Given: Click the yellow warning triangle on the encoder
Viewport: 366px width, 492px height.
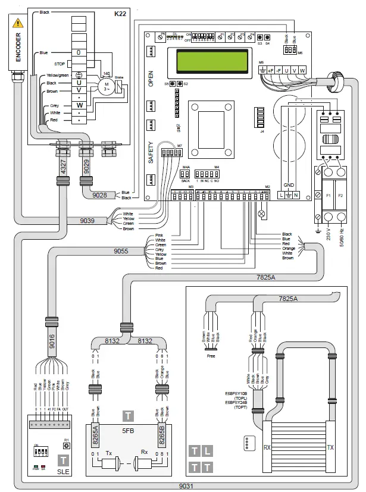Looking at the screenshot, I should (18, 24).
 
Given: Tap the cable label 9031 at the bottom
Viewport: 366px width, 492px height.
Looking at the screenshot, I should (187, 485).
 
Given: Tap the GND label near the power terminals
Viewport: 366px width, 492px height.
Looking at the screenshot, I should (290, 184).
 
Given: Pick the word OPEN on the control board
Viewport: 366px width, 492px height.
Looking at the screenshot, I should (151, 79).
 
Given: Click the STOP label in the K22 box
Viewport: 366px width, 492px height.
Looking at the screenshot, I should (60, 63).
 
